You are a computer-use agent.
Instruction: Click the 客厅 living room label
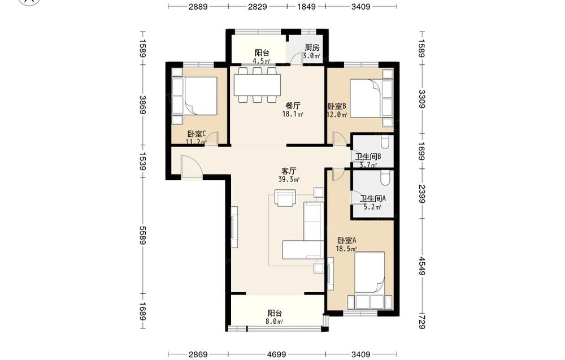click(289, 171)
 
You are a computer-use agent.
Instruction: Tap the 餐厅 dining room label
click(293, 106)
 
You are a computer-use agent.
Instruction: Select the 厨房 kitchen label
click(312, 47)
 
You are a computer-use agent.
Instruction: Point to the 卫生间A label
click(373, 198)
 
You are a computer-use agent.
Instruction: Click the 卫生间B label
click(368, 157)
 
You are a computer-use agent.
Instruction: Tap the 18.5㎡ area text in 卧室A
click(346, 249)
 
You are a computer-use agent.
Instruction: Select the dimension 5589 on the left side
click(143, 235)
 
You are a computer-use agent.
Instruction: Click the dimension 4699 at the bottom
click(276, 354)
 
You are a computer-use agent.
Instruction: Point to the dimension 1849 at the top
click(306, 6)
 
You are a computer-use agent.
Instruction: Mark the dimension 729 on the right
click(422, 322)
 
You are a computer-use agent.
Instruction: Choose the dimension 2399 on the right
click(422, 193)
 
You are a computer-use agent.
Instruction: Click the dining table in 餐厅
click(257, 85)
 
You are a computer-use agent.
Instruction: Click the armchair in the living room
click(285, 197)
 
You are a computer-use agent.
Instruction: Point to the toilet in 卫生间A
click(385, 178)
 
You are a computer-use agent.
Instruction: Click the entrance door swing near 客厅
click(192, 167)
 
